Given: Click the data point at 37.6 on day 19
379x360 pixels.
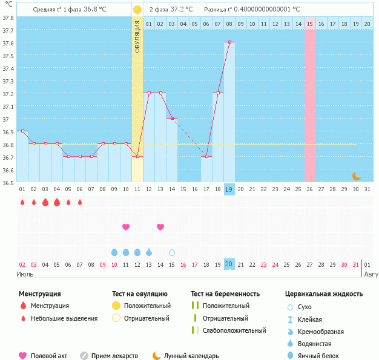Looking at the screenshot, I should point(229,42).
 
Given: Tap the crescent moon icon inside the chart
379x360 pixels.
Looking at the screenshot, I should point(357,175).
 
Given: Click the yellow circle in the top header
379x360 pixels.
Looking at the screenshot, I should point(137,10).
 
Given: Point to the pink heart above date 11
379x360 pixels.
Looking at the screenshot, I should point(126,227).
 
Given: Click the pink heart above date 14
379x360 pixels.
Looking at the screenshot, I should point(160,227).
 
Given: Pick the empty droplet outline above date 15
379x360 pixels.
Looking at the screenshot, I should point(172,252).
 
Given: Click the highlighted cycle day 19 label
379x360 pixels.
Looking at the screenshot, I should point(229,189).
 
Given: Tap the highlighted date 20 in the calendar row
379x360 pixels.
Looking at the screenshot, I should point(229,264).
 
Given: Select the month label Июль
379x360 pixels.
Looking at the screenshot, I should point(25,274).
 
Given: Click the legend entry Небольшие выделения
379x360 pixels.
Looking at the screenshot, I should point(64,318).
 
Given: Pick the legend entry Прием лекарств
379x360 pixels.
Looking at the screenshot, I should point(114,356).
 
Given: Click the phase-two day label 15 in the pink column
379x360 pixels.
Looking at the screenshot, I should point(309,24).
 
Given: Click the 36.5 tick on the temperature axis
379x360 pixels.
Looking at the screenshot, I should point(7,182).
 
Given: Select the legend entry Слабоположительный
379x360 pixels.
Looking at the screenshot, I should point(234,330).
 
